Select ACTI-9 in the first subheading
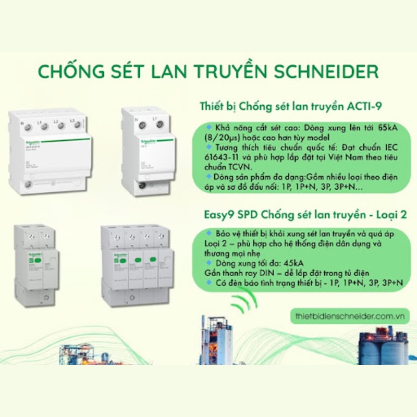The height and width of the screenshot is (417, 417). [x=365, y=107]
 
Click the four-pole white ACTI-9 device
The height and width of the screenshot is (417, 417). [x=51, y=151]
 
